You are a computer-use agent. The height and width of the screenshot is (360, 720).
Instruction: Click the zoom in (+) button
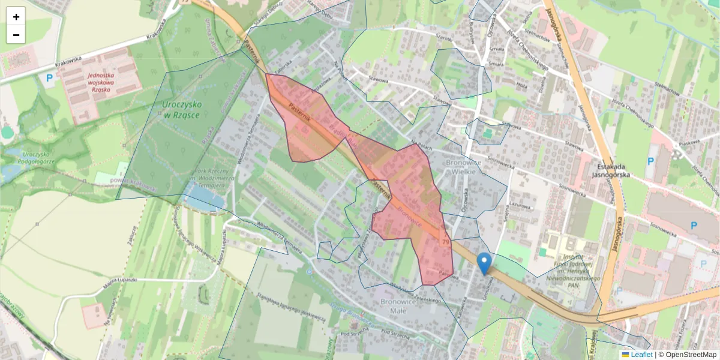(x=16, y=17)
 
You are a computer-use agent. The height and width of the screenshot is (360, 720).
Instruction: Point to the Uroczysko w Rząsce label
(x=182, y=109)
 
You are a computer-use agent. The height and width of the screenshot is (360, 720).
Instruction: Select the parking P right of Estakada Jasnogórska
(x=651, y=161)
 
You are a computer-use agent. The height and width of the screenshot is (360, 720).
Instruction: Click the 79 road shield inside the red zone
(x=445, y=241)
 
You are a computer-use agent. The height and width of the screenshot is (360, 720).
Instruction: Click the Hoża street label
(x=521, y=86)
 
